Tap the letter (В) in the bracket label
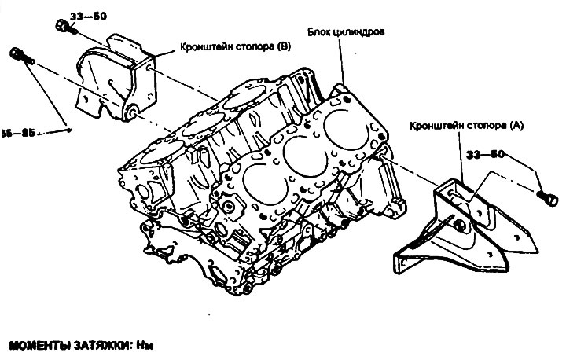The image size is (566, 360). [280, 47]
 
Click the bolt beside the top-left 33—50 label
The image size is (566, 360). [63, 26]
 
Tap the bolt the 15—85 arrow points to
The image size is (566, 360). [20, 55]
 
